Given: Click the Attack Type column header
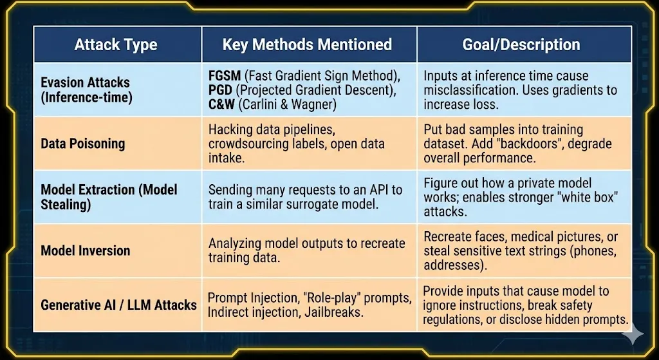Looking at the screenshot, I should tap(116, 44).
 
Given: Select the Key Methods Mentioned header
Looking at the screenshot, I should tap(307, 44).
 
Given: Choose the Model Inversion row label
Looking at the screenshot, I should tap(86, 251).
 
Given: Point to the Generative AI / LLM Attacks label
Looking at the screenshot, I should tap(118, 305).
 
